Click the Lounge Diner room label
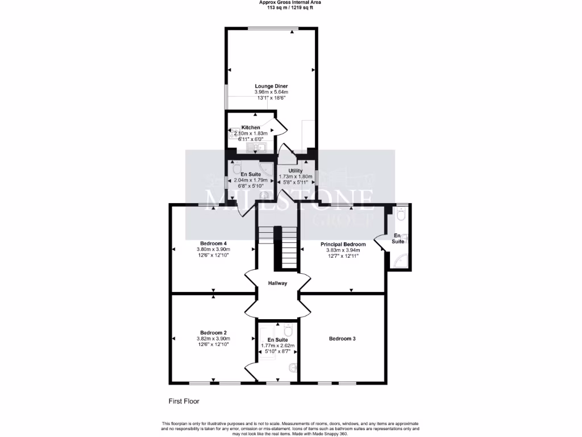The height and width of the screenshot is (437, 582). point(271,86)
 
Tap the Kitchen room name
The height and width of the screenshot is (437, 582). point(251,127)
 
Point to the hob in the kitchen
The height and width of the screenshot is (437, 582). point(234,134)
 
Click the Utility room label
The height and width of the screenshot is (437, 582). point(295,170)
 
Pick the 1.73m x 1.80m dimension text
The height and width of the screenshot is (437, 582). point(295,176)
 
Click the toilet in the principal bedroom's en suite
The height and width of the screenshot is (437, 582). point(401,215)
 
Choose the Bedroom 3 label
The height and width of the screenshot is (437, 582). point(342,339)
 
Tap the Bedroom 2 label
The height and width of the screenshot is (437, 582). point(213,333)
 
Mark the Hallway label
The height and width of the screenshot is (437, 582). point(278,283)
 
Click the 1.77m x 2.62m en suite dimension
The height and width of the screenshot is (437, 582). point(277,345)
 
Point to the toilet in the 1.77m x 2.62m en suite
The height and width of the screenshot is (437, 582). point(288,330)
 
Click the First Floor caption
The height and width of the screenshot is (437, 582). point(184,401)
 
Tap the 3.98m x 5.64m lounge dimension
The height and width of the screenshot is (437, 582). point(271,92)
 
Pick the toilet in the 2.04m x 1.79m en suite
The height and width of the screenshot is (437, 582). point(236,169)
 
